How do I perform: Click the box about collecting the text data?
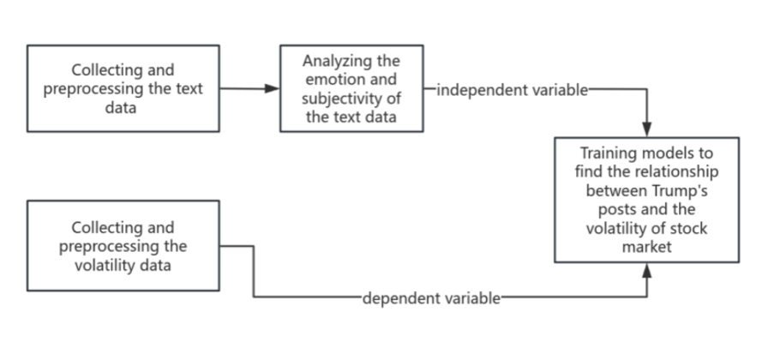coord(123,88)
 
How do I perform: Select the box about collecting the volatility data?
coord(123,245)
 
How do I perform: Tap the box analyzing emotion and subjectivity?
coord(351,88)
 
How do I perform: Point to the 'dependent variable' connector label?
coord(431,297)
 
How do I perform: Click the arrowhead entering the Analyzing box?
coord(273,88)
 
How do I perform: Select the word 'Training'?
coord(607,153)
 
